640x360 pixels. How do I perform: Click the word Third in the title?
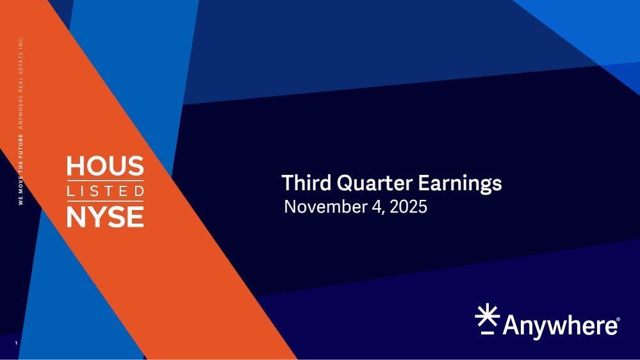tap(306, 183)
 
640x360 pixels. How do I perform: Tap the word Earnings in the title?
tap(459, 184)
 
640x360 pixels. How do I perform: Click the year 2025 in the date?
tap(409, 206)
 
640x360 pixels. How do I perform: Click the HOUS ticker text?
tap(105, 166)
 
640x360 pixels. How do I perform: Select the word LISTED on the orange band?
tap(105, 191)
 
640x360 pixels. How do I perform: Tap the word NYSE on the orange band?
tap(105, 217)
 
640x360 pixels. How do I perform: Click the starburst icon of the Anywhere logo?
tap(488, 315)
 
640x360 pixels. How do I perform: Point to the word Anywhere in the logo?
tap(560, 326)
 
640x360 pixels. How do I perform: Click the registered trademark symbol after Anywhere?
tap(618, 319)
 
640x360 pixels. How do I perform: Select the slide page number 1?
tap(16, 343)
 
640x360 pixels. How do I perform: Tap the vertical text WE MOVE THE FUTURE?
tap(21, 169)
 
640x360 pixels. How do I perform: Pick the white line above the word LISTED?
tap(105, 181)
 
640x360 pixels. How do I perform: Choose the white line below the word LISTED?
tap(105, 201)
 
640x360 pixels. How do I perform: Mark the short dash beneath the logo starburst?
tap(488, 333)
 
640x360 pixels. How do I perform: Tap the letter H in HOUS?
tap(75, 166)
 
